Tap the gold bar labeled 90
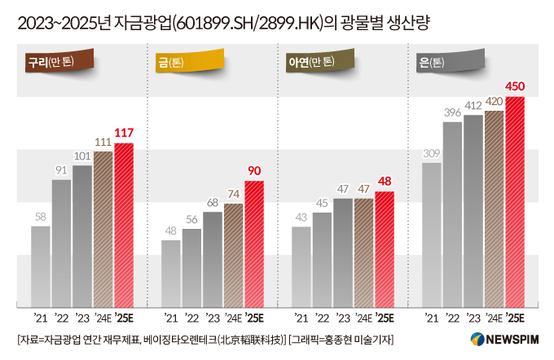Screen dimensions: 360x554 [254, 244]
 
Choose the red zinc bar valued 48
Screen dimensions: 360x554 [384, 249]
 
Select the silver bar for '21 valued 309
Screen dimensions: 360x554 [432, 235]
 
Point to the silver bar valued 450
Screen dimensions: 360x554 [515, 202]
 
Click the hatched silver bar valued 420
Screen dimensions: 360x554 [494, 209]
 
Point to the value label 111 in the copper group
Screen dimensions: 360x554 [103, 142]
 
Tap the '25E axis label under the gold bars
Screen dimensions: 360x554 [255, 318]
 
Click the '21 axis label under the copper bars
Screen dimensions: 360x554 [41, 318]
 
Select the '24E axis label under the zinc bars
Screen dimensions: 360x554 [363, 318]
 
